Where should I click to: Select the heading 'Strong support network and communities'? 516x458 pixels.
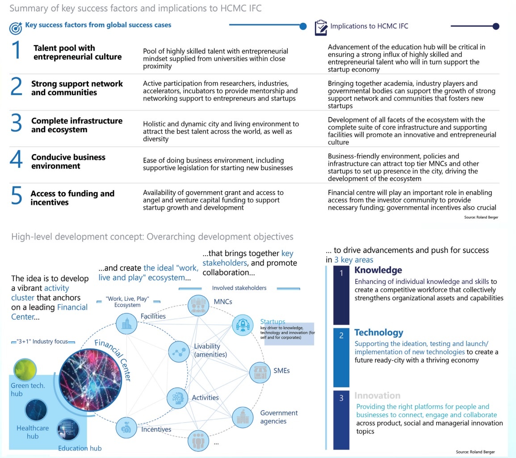77,88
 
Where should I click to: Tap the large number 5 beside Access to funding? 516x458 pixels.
16,196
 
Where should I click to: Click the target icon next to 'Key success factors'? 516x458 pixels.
16,28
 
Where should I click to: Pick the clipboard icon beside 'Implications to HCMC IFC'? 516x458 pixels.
321,27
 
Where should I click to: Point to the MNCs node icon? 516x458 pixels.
197,305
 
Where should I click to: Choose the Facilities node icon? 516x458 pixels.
126,323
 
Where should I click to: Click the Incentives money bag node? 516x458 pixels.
126,428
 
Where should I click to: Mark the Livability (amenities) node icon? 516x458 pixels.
179,352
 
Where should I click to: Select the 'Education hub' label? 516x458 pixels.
80,448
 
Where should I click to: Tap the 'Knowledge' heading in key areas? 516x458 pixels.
378,270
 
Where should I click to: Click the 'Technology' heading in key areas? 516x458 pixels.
378,332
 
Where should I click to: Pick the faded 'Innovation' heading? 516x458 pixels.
377,395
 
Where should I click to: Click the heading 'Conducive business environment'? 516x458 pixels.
68,161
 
